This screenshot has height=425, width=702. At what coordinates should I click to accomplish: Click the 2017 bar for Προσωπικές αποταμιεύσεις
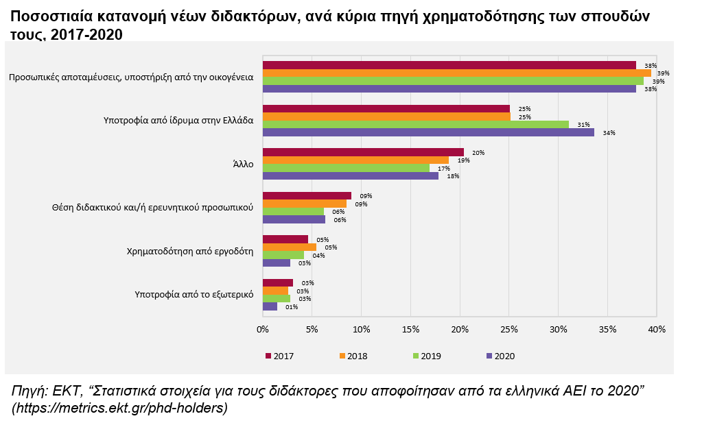pyautogui.click(x=449, y=65)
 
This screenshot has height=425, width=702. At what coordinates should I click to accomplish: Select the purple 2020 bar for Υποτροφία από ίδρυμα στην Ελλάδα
pyautogui.click(x=428, y=132)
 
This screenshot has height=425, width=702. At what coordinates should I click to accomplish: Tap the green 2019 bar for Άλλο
pyautogui.click(x=346, y=168)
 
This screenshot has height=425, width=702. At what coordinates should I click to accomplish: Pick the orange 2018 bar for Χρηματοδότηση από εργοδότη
pyautogui.click(x=290, y=247)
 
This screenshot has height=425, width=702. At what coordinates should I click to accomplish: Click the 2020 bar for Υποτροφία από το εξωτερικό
pyautogui.click(x=270, y=306)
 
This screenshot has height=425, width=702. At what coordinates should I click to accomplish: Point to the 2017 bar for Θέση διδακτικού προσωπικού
pyautogui.click(x=307, y=195)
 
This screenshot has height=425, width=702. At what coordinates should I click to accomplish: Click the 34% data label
pyautogui.click(x=609, y=133)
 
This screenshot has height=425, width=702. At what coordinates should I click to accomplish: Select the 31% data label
pyautogui.click(x=583, y=125)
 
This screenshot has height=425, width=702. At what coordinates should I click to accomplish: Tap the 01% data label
pyautogui.click(x=292, y=307)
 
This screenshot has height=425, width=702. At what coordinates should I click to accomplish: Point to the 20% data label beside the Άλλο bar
pyautogui.click(x=478, y=152)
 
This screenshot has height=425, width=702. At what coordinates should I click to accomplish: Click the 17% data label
pyautogui.click(x=444, y=169)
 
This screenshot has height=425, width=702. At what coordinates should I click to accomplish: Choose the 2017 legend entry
pyautogui.click(x=279, y=356)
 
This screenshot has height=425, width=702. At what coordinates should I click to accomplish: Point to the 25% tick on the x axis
pyautogui.click(x=509, y=330)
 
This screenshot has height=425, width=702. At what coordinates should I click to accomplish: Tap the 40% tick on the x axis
pyautogui.click(x=657, y=330)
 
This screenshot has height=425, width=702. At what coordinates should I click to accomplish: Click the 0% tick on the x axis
pyautogui.click(x=263, y=330)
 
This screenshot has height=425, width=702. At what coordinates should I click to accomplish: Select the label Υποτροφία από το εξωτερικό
pyautogui.click(x=194, y=294)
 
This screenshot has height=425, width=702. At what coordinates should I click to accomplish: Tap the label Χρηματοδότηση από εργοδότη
pyautogui.click(x=190, y=251)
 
